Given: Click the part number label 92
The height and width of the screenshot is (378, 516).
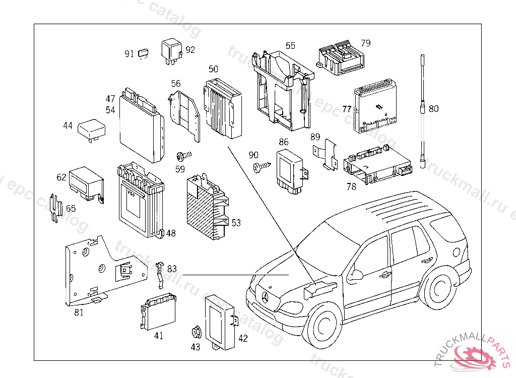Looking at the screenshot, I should pos(190,50).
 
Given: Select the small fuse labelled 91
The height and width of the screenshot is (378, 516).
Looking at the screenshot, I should pos(144,52).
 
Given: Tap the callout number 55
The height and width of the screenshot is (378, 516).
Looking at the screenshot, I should pos(290,46).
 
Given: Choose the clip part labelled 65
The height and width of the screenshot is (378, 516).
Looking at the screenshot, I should pos(56,207).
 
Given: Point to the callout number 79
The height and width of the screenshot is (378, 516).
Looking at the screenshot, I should pos(365,43).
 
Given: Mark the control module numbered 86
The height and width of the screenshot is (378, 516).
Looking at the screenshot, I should pos(290,169).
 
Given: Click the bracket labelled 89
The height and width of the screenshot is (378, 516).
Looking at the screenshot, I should pos(327,155).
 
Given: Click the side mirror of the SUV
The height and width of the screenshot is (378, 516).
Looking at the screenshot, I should pos(356,275).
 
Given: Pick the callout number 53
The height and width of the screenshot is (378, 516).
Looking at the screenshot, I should pos(236,223).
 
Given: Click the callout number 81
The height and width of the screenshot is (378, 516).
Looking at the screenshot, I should pos(79,312).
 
